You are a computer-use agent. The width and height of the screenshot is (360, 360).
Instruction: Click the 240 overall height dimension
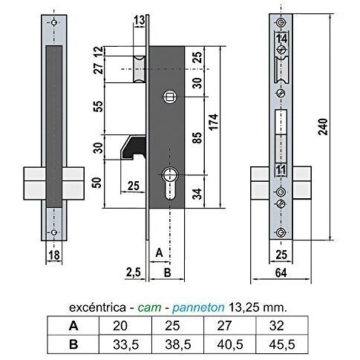323,127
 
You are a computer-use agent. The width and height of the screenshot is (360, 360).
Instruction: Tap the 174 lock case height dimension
214,122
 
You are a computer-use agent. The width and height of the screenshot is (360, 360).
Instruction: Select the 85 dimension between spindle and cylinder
197,138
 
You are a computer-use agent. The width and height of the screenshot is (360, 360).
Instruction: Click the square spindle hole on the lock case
170,96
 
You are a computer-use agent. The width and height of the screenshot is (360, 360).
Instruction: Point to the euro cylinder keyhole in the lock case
170,183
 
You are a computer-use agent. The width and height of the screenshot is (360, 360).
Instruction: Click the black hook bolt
133,147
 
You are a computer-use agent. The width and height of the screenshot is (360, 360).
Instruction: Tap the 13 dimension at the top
139,21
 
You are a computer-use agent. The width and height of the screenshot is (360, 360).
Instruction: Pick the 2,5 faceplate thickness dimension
134,272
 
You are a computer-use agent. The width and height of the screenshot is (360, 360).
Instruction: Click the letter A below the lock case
159,253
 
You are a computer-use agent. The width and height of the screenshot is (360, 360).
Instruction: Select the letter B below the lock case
167,272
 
